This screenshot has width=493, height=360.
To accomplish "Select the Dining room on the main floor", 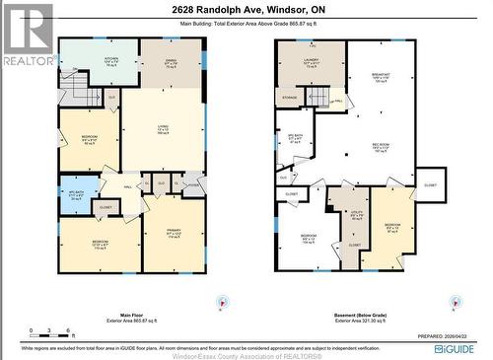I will click(x=171, y=63).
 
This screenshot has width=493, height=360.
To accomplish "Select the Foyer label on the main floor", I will click(x=192, y=183).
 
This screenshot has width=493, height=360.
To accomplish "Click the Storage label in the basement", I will click(x=290, y=98).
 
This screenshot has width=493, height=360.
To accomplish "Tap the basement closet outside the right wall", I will click(x=430, y=184).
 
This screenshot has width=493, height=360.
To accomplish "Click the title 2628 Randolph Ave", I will click(x=246, y=8).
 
